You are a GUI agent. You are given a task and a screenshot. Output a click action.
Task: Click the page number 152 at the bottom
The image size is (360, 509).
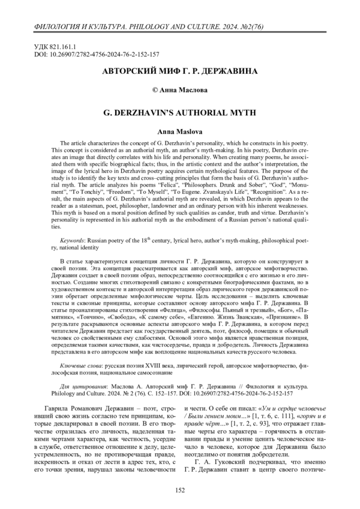pyautogui.click(x=179, y=491)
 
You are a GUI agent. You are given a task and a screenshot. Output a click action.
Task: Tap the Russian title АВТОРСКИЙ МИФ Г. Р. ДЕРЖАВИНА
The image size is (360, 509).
pyautogui.click(x=179, y=71)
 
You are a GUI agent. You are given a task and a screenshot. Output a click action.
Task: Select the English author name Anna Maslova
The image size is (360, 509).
pyautogui.click(x=179, y=130)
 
